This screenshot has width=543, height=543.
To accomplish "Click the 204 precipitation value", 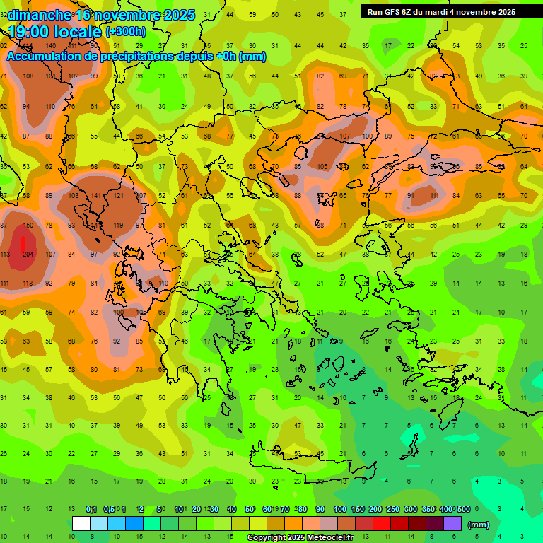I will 28,254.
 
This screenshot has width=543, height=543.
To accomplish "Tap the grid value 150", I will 28,225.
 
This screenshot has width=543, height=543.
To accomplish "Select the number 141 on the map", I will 95,196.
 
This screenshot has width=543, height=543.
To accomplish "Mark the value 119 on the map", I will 118,225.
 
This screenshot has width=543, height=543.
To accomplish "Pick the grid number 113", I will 5,254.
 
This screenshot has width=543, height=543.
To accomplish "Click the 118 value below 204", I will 28,283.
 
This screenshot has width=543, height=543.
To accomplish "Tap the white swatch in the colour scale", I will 81,524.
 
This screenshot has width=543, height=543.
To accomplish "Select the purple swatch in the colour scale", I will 452,524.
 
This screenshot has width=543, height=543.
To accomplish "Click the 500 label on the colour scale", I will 463,510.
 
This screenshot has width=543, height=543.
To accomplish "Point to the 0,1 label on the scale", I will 91,510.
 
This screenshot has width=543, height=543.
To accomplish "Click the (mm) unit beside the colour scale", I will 479,525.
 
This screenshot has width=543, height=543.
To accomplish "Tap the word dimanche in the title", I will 39,15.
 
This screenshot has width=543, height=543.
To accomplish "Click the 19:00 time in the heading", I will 32,32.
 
